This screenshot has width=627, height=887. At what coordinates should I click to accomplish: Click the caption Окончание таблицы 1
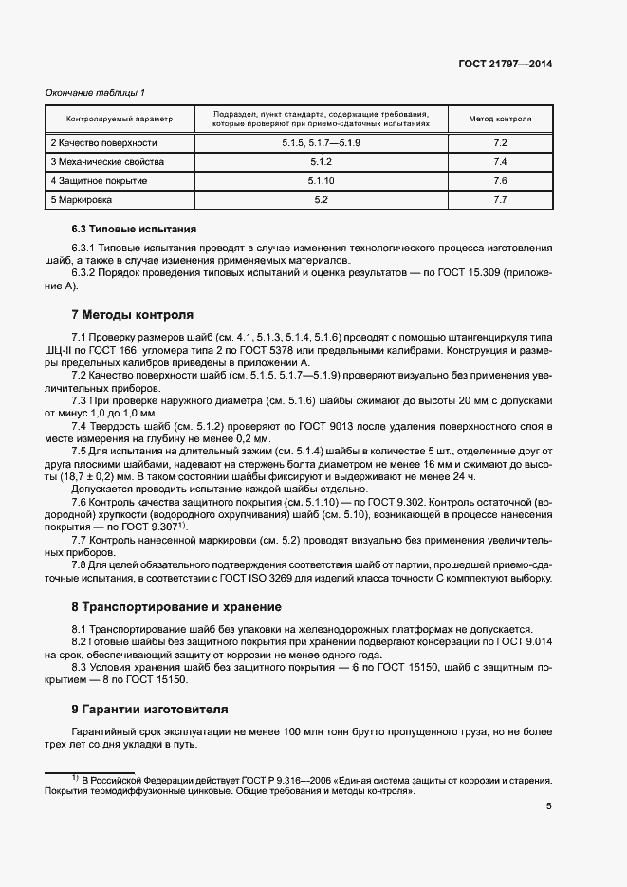coord(96,92)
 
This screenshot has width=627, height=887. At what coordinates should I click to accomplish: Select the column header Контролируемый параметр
coord(120,120)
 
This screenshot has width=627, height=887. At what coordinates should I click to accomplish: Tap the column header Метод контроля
coord(501,120)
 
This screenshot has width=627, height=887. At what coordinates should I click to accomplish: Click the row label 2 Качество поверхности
coord(103,143)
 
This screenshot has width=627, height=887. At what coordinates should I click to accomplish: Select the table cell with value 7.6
coord(501,181)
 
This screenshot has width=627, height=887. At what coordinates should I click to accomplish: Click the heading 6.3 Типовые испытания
coord(134,230)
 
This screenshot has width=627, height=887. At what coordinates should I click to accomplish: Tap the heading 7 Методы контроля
coord(132,314)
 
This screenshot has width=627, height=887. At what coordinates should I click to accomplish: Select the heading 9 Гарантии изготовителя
coord(149,709)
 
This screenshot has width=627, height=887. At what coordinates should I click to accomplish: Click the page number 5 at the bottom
coord(548,807)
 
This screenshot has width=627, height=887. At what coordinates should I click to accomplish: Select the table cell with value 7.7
coord(501,200)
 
